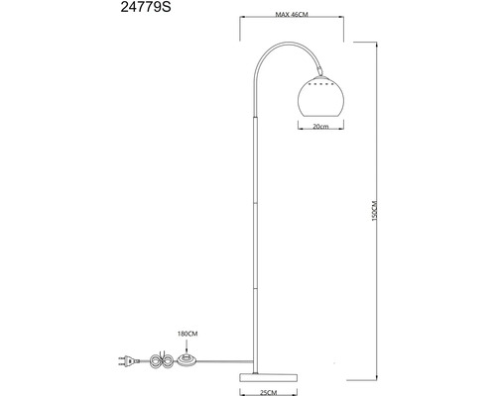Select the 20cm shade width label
(318, 127)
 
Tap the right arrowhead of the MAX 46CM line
(342, 26)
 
